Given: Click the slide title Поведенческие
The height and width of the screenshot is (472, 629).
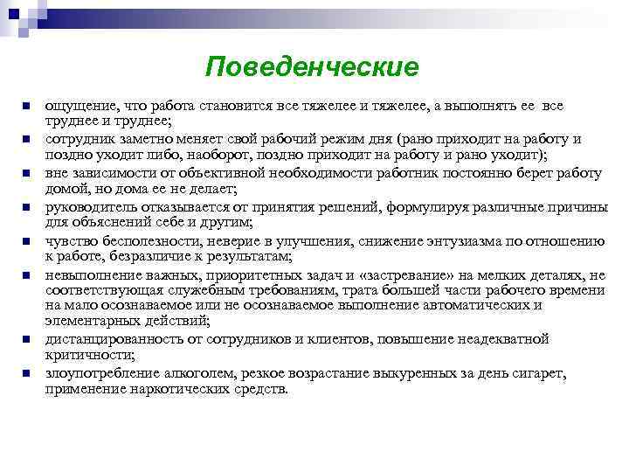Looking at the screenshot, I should (x=313, y=67).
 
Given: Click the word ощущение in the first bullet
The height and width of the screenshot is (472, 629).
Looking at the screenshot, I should (x=78, y=106).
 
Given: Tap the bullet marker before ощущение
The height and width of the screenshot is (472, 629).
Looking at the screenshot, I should (x=27, y=107).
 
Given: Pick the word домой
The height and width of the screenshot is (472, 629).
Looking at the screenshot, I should (x=66, y=188).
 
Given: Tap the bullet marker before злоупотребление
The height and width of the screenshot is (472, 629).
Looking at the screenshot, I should (x=27, y=372).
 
